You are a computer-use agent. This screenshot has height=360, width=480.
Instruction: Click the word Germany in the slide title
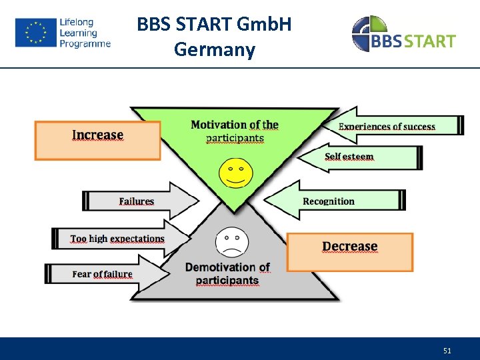(x=214, y=50)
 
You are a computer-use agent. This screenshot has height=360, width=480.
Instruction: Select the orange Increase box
(x=97, y=140)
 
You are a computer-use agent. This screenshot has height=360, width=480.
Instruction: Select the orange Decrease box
(x=349, y=251)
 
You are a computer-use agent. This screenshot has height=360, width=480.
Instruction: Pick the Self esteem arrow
(x=360, y=157)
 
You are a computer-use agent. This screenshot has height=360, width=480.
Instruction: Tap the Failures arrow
(x=140, y=201)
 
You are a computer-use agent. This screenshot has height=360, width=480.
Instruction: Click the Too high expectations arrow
(x=120, y=239)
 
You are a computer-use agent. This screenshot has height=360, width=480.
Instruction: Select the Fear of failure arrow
(x=107, y=274)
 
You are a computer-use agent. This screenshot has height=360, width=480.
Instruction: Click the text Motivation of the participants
(x=235, y=131)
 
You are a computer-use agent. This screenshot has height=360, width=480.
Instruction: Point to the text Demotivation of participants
(x=227, y=273)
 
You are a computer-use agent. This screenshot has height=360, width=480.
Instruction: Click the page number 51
(x=447, y=350)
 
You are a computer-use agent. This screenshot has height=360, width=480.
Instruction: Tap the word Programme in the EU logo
(x=85, y=44)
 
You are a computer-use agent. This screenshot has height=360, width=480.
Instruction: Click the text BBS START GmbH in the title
(x=214, y=25)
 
